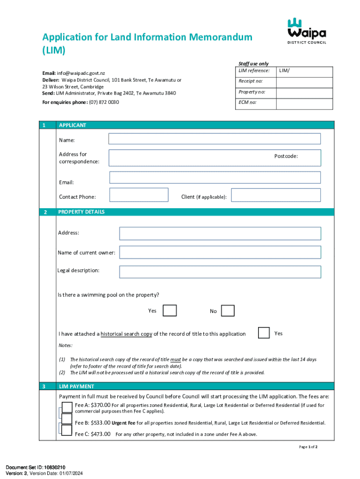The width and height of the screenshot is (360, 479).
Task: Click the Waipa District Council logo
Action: click(x=307, y=31)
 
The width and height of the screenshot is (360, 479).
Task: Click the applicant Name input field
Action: click(x=214, y=139)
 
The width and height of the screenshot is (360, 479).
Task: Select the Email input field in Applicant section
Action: click(x=215, y=177)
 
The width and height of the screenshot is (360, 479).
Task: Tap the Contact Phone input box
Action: click(x=138, y=195)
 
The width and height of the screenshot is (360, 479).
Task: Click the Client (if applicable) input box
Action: click(x=276, y=195)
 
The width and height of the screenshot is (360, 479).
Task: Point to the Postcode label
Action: click(x=286, y=156)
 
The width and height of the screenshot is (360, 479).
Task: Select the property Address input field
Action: click(x=220, y=233)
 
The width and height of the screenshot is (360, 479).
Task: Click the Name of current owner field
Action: click(x=220, y=253)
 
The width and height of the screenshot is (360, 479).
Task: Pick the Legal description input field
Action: click(x=220, y=272)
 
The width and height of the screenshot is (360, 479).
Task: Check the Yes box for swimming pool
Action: click(x=169, y=311)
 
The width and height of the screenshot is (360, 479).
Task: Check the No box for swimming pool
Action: click(x=228, y=311)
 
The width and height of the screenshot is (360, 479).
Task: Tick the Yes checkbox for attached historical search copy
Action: click(x=264, y=333)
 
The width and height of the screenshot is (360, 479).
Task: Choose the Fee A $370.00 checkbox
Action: click(x=67, y=406)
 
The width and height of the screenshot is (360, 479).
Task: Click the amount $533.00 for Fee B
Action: click(x=101, y=423)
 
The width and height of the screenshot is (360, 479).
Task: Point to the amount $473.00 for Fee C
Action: click(x=101, y=434)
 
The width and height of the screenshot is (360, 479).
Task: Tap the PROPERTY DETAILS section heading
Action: click(x=81, y=212)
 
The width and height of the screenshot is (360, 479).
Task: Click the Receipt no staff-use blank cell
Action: click(x=304, y=81)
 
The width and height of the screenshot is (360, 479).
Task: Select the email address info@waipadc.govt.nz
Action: click(x=81, y=73)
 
